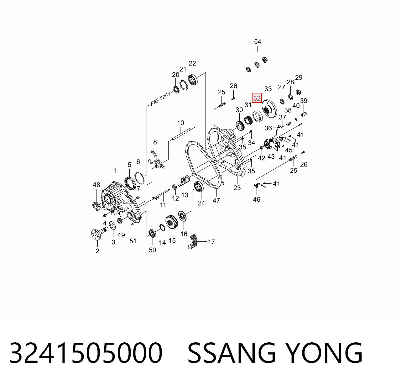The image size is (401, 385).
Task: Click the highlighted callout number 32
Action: point(257,98)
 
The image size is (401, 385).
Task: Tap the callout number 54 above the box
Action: point(258,42)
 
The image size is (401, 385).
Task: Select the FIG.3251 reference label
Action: point(160,99)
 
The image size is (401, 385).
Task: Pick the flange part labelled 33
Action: point(269,109)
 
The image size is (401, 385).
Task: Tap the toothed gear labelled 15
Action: point(171,223)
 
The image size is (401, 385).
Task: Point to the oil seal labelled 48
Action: point(96,206)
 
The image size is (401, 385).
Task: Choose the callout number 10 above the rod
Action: point(180,123)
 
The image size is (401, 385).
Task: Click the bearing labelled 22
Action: point(193,80)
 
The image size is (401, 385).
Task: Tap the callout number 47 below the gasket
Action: point(216,200)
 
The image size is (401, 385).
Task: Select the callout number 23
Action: point(237,188)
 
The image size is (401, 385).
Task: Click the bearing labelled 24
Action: point(199,187)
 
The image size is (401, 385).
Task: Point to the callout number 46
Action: point(257,199)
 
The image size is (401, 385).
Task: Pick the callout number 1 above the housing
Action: point(115,171)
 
